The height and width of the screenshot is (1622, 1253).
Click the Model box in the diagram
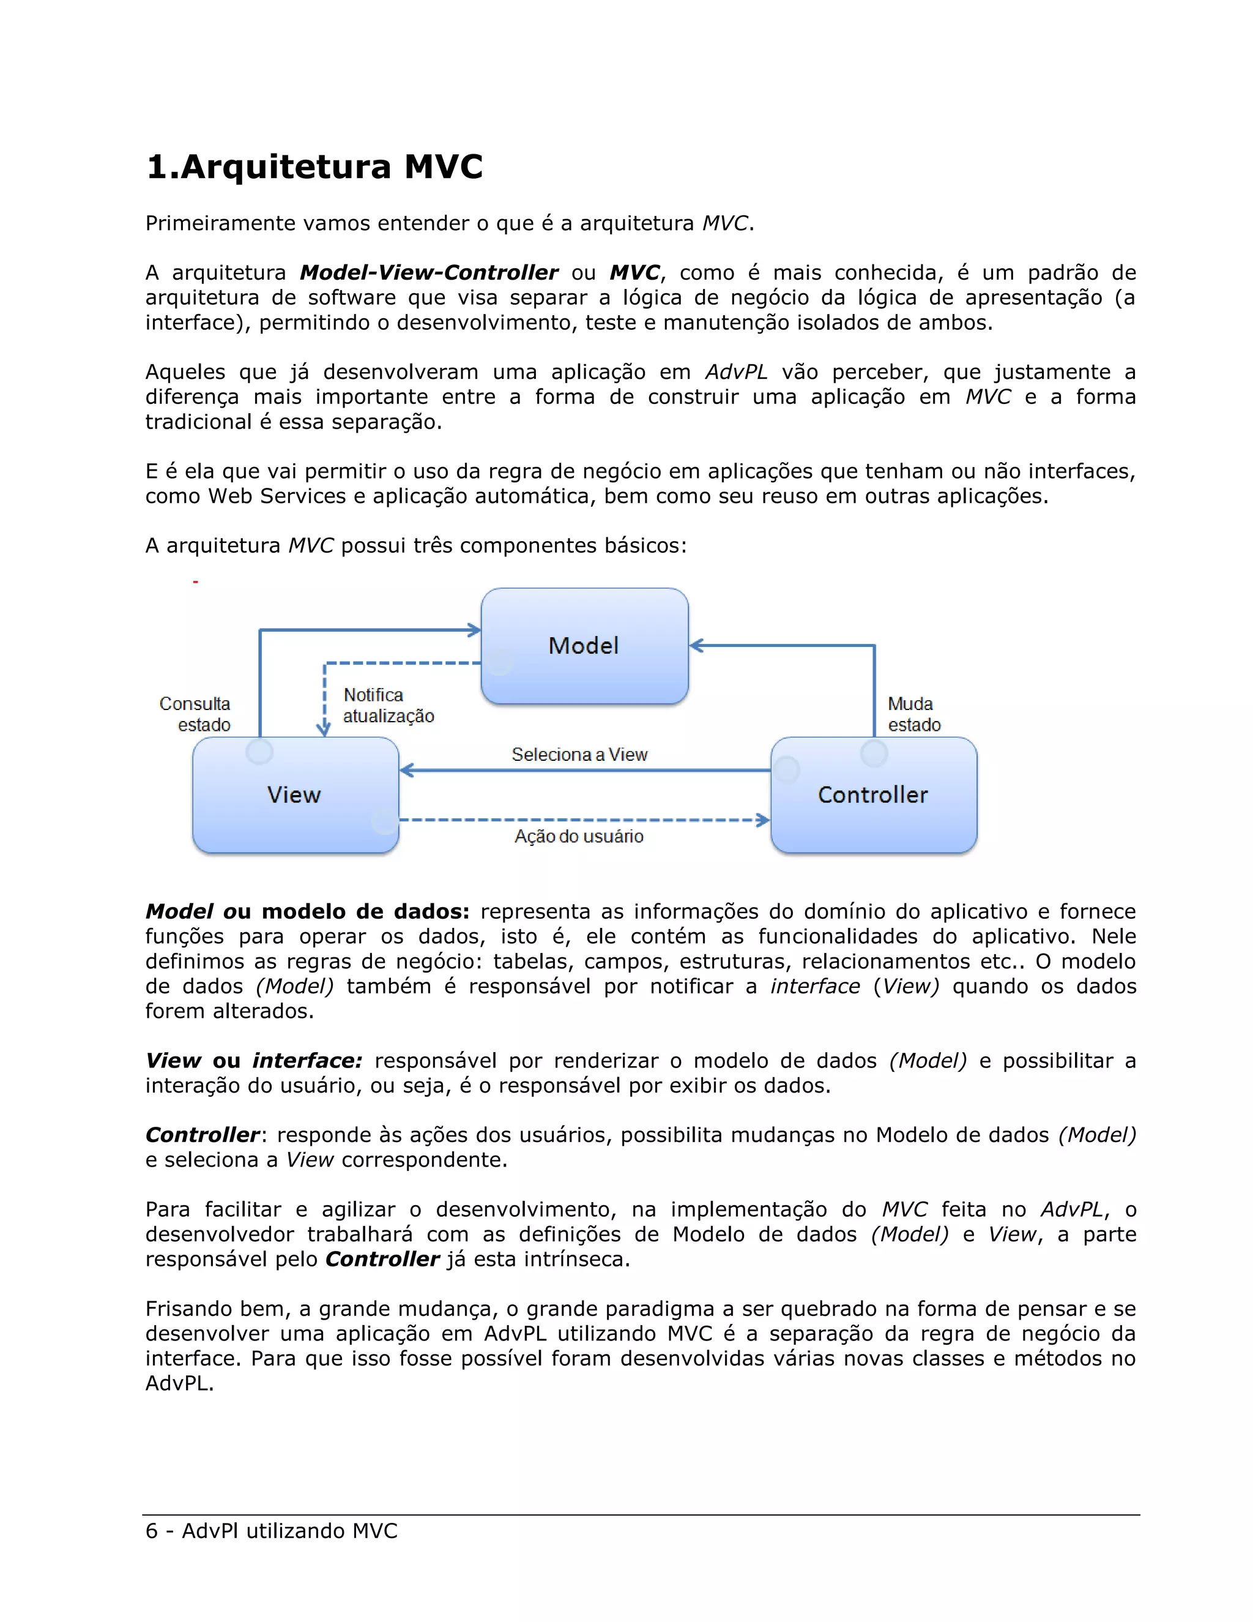pyautogui.click(x=584, y=645)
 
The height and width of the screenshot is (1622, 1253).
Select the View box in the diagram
pyautogui.click(x=295, y=794)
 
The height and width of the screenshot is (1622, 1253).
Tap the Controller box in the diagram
pyautogui.click(x=873, y=794)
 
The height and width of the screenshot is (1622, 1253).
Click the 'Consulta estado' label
pyautogui.click(x=196, y=714)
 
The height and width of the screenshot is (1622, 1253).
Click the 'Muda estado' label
pyautogui.click(x=914, y=714)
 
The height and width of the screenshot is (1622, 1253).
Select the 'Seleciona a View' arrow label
pyautogui.click(x=579, y=755)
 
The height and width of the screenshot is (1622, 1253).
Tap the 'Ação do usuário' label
pyautogui.click(x=579, y=836)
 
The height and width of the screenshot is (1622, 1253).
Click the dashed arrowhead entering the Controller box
pyautogui.click(x=763, y=820)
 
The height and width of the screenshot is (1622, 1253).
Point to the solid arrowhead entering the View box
pyautogui.click(x=407, y=770)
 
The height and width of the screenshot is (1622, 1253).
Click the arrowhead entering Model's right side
pyautogui.click(x=696, y=645)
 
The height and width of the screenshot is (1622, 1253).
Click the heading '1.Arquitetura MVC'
pyautogui.click(x=314, y=166)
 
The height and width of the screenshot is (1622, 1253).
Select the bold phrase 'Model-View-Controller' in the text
pyautogui.click(x=428, y=272)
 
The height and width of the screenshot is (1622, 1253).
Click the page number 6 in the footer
pyautogui.click(x=152, y=1531)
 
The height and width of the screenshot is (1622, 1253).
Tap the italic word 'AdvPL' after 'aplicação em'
pyautogui.click(x=735, y=372)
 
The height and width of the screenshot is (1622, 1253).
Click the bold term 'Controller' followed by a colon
pyautogui.click(x=202, y=1135)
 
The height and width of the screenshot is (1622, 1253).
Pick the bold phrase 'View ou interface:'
pyautogui.click(x=253, y=1061)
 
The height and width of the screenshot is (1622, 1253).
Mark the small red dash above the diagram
pyautogui.click(x=195, y=581)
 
